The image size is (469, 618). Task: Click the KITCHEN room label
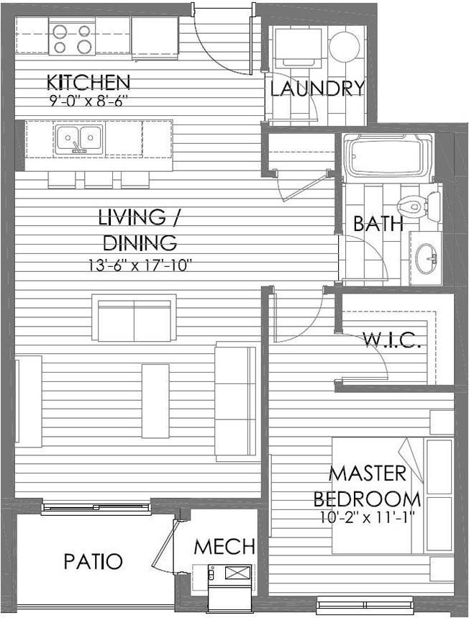pos(88,82)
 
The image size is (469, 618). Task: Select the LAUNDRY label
pos(317,88)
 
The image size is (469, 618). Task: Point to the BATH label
pos(378,224)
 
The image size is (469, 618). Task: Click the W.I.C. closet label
pos(392,340)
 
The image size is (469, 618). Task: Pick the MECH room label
pos(224,547)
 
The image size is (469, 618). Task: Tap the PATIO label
pos(93,561)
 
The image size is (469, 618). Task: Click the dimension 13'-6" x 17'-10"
pos(140,265)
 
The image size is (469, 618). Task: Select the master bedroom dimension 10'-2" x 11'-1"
pos(366,517)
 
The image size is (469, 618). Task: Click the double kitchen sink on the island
pos(79,139)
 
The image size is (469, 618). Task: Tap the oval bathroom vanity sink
pos(426,258)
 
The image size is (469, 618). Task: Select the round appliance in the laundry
pos(344,46)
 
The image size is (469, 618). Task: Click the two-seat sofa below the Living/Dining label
pos(134,318)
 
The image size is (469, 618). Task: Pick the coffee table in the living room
pos(155,401)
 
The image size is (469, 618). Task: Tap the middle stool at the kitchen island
pos(99,180)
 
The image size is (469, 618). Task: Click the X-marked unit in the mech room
pos(237,573)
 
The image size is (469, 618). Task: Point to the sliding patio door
pos(96,508)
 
